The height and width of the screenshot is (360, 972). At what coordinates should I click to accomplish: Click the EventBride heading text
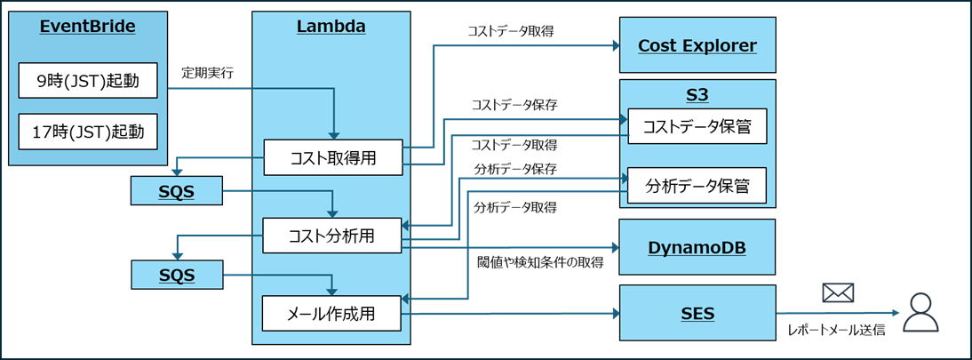coord(87,27)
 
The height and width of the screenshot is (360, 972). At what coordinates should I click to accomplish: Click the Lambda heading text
coord(331,27)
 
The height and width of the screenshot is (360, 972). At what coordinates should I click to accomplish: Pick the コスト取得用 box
coord(333,157)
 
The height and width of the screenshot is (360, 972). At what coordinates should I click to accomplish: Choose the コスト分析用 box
coord(333,236)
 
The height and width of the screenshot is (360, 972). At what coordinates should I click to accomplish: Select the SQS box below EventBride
coord(176,190)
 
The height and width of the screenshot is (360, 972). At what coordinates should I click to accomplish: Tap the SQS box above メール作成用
coord(176,275)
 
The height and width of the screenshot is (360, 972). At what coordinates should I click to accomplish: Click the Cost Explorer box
coord(697,45)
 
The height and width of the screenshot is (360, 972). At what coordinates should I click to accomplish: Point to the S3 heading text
coord(697,92)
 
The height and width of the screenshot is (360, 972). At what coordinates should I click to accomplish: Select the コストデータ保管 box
coord(697,126)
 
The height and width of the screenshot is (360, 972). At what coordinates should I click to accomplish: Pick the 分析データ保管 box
coord(697,186)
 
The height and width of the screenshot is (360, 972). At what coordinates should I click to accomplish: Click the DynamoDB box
coord(697,246)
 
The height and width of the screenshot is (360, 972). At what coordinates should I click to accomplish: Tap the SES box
coord(697,313)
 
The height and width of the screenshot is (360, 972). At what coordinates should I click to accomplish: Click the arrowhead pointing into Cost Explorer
coord(614,45)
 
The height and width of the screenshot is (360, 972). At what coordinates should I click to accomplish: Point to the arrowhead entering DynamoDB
coord(614,248)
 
